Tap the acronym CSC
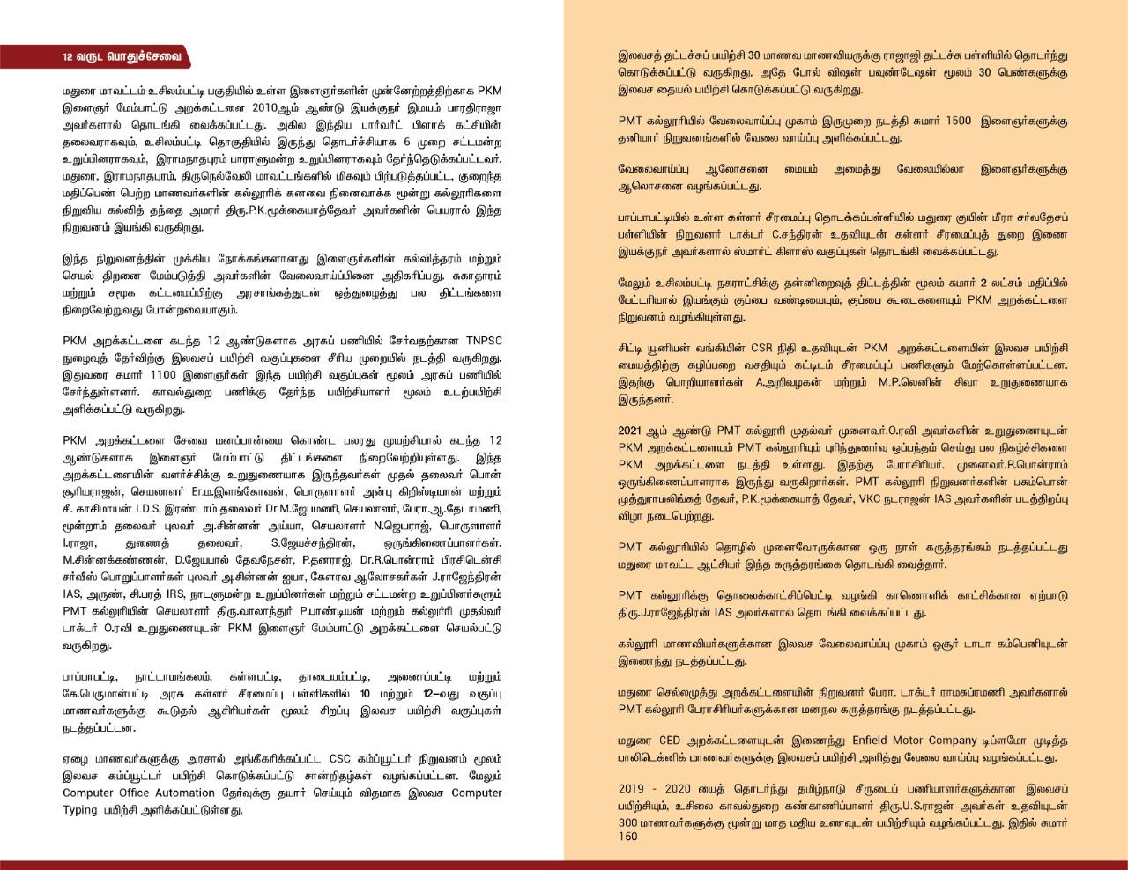coord(340,759)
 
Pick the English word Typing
coord(79,809)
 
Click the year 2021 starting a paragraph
coord(632,431)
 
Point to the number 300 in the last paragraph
coord(629,822)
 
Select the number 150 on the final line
coord(627,837)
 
